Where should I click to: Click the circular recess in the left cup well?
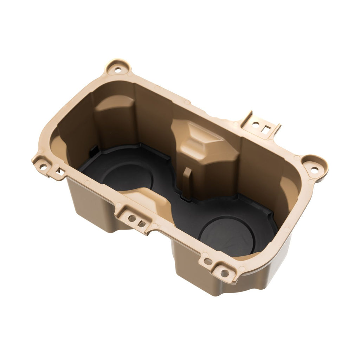point(127,176)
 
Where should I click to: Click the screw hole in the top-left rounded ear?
point(118,70)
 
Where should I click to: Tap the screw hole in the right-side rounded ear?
point(314,170)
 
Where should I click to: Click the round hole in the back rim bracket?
point(256,124)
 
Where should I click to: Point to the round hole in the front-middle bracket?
point(132,218)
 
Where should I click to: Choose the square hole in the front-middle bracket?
point(141,224)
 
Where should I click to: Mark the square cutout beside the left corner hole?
point(60,172)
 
